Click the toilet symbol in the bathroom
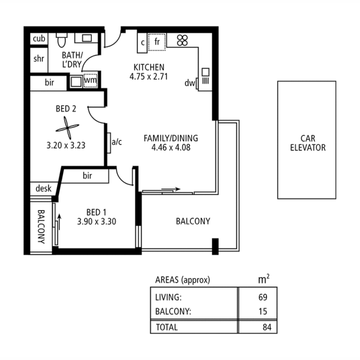click(x=61, y=41)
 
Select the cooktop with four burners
click(x=182, y=40)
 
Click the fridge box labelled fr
click(x=157, y=42)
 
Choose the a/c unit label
click(x=117, y=142)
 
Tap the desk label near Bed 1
click(x=43, y=189)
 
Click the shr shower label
click(x=39, y=59)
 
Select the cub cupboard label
click(x=39, y=39)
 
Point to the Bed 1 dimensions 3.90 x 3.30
click(x=96, y=221)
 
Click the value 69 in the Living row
click(x=263, y=297)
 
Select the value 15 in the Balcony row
click(x=263, y=312)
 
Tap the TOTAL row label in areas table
click(x=167, y=327)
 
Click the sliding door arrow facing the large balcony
click(x=172, y=189)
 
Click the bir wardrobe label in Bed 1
click(x=87, y=176)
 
